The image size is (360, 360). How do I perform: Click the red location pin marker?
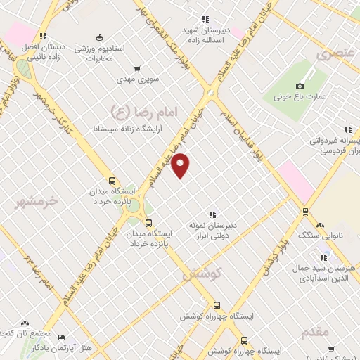click(181, 165)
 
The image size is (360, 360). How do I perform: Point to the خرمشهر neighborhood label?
click(36, 202)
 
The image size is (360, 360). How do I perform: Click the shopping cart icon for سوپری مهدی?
click(137, 69)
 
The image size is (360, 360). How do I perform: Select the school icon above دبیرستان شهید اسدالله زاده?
click(205, 20)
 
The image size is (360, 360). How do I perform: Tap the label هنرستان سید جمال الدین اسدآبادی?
click(330, 274)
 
